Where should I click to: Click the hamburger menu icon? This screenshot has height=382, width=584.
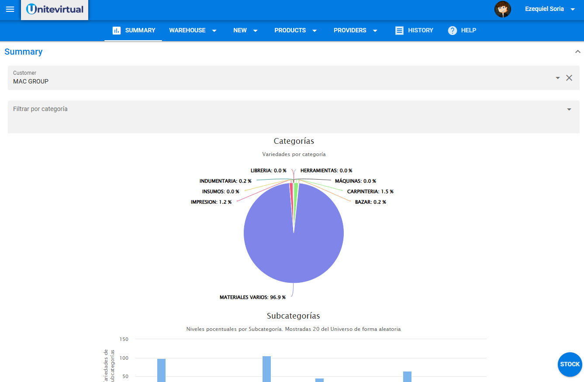click(10, 9)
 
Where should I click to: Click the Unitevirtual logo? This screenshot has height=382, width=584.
click(55, 9)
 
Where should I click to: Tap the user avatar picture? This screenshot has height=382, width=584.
click(502, 9)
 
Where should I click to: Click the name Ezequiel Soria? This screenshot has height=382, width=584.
click(544, 9)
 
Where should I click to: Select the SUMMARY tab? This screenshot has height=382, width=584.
click(134, 31)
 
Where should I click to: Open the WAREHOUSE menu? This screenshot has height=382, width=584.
click(193, 31)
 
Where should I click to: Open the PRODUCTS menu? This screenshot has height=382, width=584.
click(295, 31)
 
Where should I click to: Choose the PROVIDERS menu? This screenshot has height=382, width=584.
click(355, 31)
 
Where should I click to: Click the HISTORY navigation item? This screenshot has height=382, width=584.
click(414, 31)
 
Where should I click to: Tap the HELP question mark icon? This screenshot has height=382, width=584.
click(453, 31)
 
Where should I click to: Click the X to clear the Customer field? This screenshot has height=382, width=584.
click(569, 78)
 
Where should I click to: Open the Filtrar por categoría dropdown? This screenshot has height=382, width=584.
click(569, 109)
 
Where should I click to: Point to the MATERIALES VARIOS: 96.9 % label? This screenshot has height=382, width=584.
click(252, 297)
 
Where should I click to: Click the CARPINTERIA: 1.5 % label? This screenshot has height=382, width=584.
click(370, 191)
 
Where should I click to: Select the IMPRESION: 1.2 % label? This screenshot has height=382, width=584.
click(211, 202)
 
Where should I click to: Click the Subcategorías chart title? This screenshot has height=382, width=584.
click(294, 316)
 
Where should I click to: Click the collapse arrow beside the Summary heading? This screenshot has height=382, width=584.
click(577, 52)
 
